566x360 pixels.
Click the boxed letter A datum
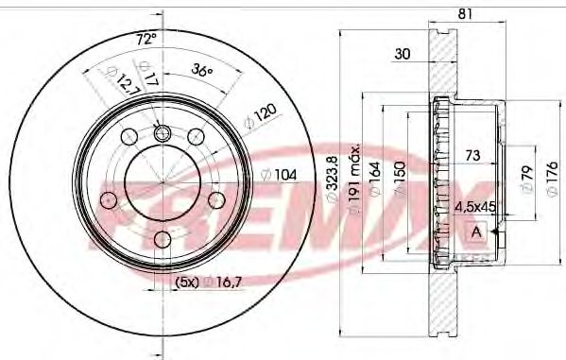[x=475, y=231]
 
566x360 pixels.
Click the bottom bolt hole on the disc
[x=162, y=240]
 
